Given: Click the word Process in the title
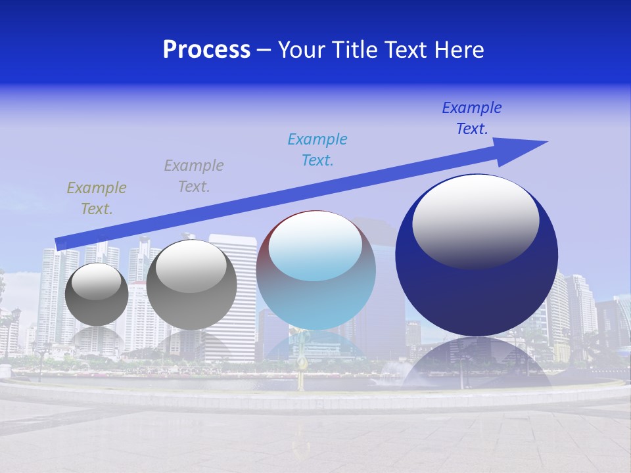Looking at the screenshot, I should coord(206,50).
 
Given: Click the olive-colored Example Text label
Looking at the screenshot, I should coord(97,198).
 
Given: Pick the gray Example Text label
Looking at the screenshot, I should coord(194,176).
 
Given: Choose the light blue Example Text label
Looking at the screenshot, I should coord(317,150).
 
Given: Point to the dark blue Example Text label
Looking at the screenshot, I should coord(472,118).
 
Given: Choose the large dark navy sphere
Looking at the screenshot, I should coord(477,296).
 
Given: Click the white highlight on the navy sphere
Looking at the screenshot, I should coord(476,220).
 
